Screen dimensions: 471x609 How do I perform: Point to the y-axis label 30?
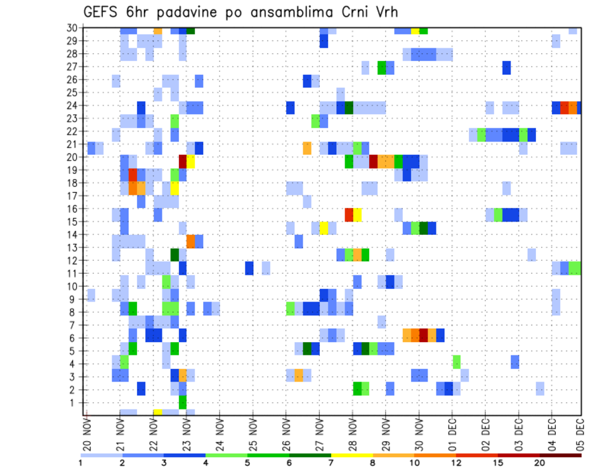pos(72,28)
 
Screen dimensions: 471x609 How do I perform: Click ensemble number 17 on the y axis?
pos(72,196)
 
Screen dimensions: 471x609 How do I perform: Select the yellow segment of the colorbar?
pos(351,455)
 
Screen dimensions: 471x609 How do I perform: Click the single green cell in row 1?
pos(183,402)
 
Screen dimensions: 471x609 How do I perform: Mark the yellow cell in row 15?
pos(324,228)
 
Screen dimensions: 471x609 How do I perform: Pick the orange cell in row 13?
pos(191,241)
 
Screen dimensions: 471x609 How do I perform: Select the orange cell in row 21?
pos(307,148)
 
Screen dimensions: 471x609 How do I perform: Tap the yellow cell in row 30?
pos(415,30)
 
